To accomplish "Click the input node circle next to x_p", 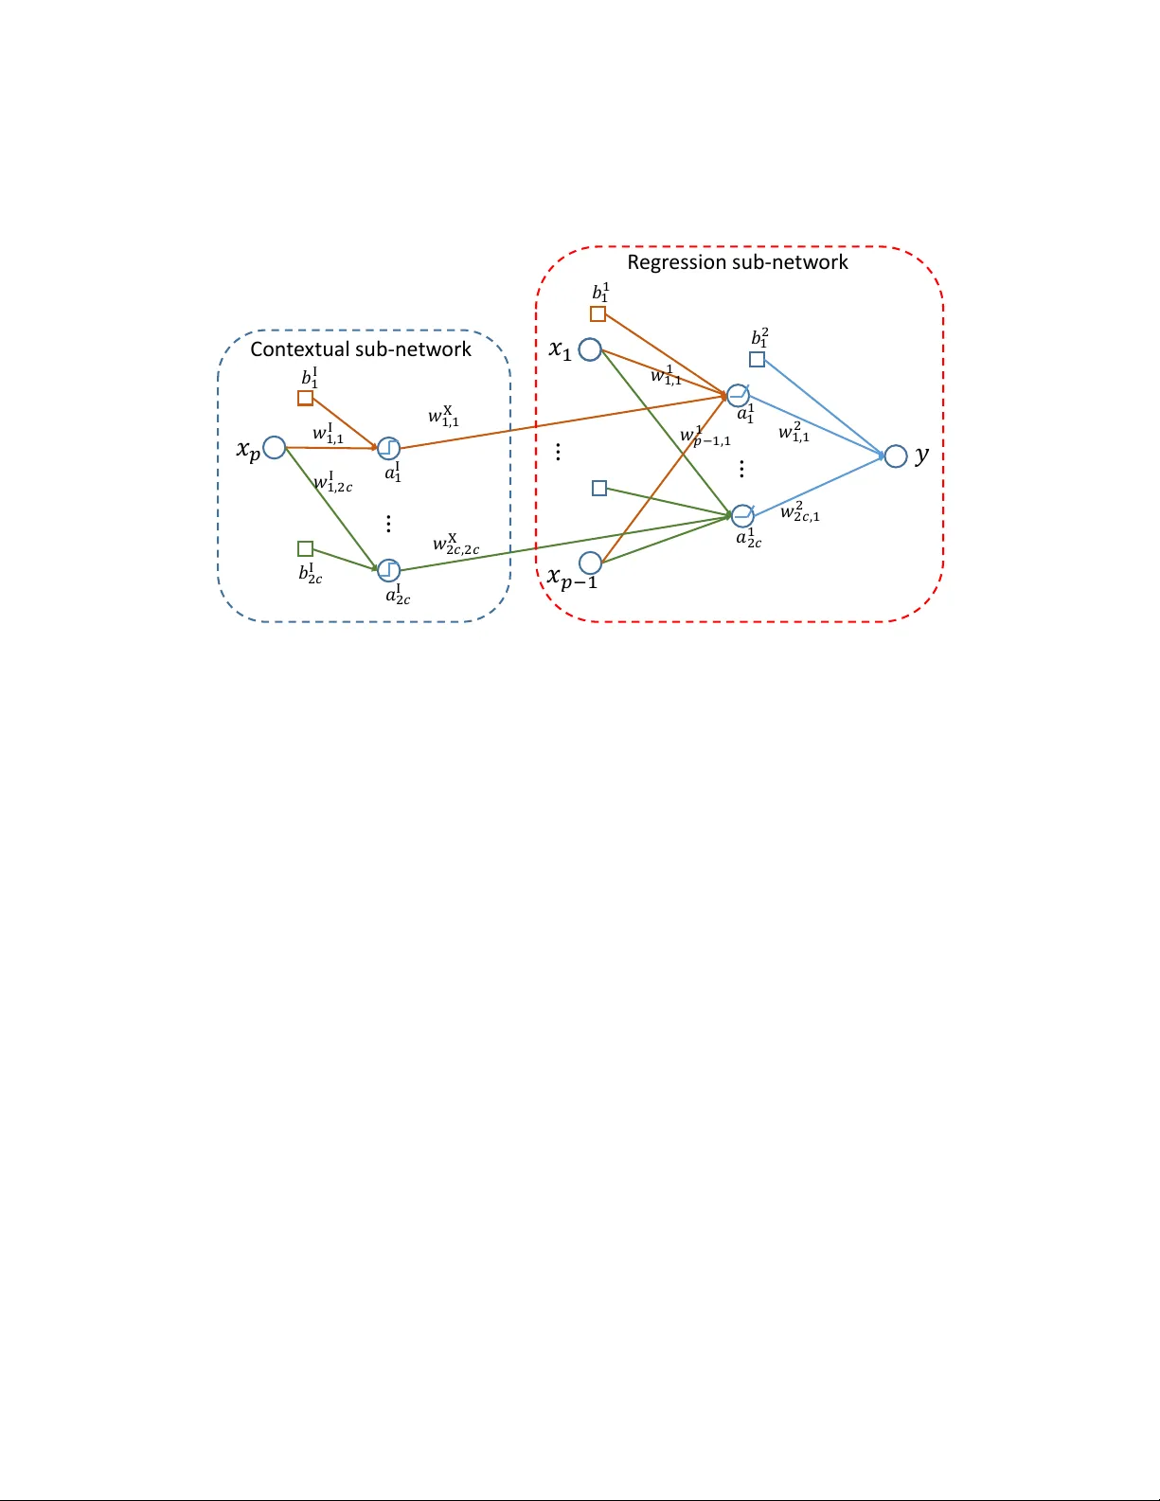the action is (x=275, y=448).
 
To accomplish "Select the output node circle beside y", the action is (x=896, y=456).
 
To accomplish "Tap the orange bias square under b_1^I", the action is (x=305, y=399).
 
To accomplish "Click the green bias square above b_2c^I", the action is (x=305, y=549).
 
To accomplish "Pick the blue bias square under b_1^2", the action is (x=757, y=360).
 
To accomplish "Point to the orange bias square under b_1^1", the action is (x=598, y=314).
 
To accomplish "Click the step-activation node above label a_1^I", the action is (x=388, y=448).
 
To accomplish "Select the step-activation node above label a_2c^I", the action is (x=388, y=570).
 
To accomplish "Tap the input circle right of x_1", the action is (x=590, y=350).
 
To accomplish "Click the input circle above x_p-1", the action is (x=590, y=563).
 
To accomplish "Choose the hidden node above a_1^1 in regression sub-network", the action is (x=739, y=395).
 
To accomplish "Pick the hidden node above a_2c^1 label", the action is (x=742, y=516).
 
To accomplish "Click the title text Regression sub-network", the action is (x=738, y=262).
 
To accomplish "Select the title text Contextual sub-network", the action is (x=361, y=349).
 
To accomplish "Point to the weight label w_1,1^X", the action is (x=443, y=416).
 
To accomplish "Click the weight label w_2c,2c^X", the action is (x=455, y=545).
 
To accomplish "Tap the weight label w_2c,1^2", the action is (x=800, y=512).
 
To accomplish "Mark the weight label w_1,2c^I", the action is (x=332, y=483).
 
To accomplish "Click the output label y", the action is (x=922, y=456).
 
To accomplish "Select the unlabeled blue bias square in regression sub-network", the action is (x=599, y=489).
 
